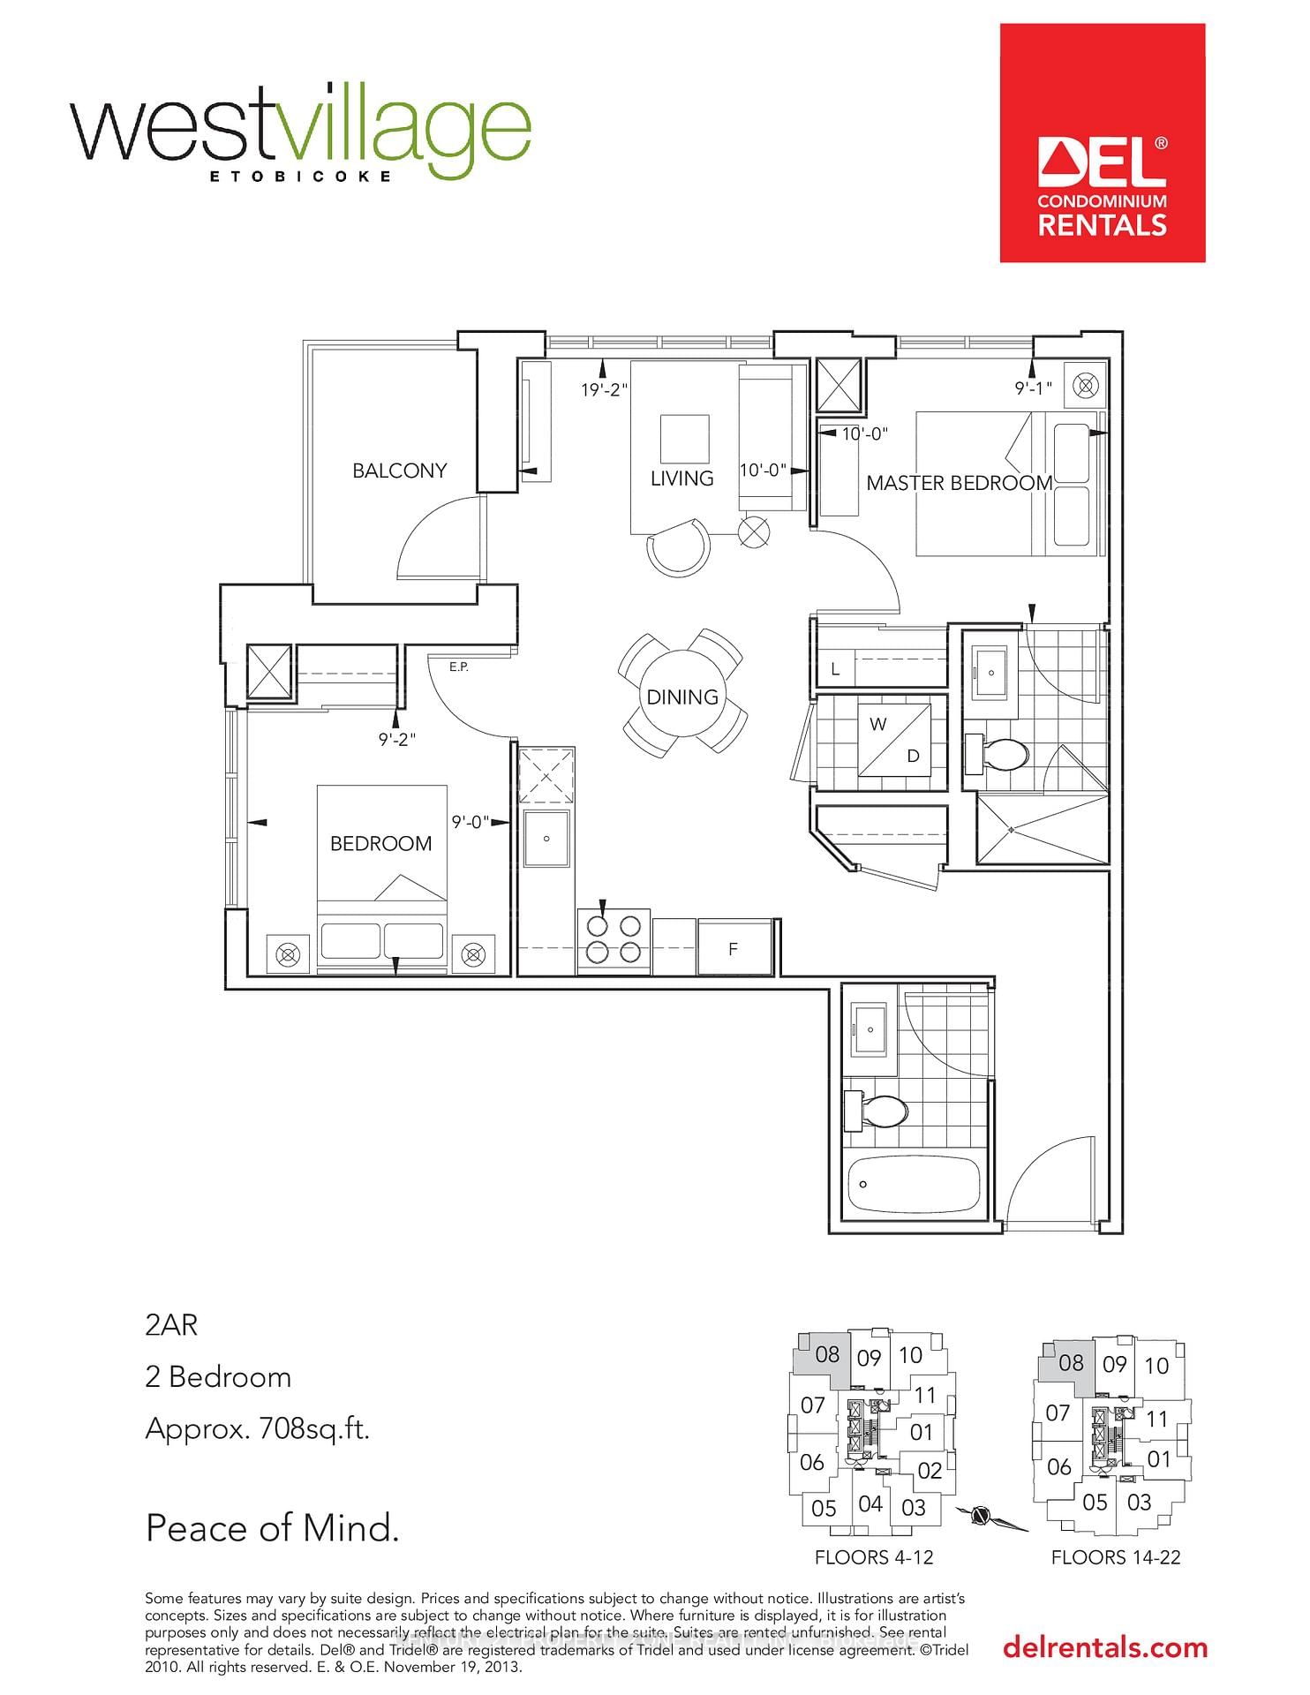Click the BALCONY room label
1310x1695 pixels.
pos(399,471)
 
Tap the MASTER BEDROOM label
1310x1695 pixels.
pos(959,483)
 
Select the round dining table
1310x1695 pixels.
pos(681,697)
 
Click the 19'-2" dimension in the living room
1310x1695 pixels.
pos(604,389)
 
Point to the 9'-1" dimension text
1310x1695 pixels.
pos(1033,388)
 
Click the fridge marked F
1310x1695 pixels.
pos(734,949)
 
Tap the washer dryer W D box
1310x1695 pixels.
pos(895,740)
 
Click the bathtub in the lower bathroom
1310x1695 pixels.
pos(913,1185)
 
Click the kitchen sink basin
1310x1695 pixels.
pos(547,839)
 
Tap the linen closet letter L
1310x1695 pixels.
pos(835,670)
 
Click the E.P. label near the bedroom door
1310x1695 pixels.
pos(458,667)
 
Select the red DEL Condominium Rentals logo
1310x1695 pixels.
pos(1102,143)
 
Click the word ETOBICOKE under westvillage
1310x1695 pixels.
pos(300,176)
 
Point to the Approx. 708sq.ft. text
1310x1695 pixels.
pos(257,1428)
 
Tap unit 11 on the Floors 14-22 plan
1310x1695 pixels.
pos(1156,1419)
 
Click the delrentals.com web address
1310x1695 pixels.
pos(1104,1647)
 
